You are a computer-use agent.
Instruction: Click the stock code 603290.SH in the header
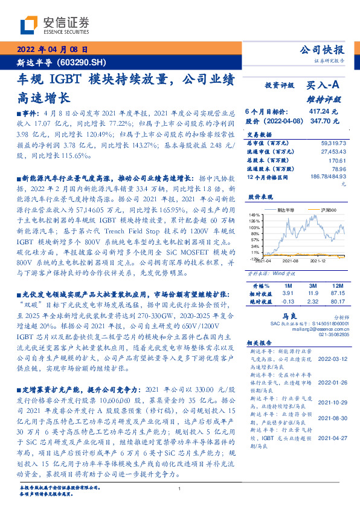pos(81,62)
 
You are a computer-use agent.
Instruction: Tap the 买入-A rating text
pos(327,86)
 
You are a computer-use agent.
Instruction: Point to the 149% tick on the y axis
pos(254,215)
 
